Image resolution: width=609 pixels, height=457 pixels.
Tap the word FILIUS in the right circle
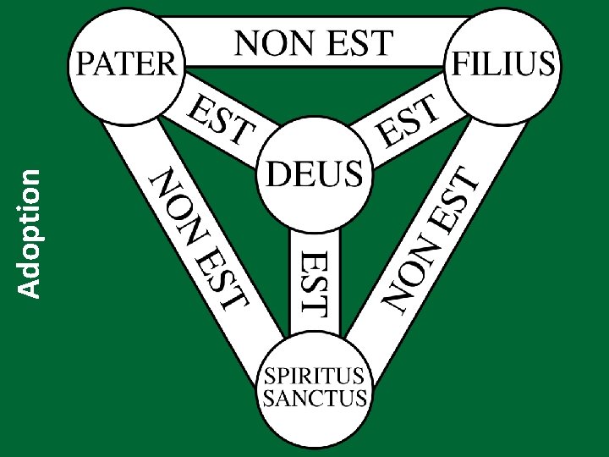click(505, 63)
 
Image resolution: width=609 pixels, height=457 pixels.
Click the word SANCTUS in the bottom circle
click(315, 398)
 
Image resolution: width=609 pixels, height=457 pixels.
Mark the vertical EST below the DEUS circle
click(315, 282)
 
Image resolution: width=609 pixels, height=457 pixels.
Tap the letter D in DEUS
click(278, 174)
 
